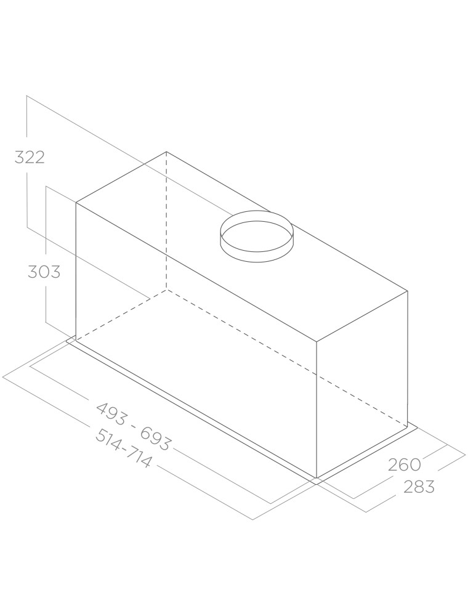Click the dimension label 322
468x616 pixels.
30,157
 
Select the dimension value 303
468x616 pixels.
44,272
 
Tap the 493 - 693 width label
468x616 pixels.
134,427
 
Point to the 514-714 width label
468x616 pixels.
123,448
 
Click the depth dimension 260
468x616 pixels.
405,464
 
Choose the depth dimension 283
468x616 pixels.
419,487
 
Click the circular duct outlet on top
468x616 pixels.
256,237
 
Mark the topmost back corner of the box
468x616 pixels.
166,152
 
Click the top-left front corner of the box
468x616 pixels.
76,203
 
